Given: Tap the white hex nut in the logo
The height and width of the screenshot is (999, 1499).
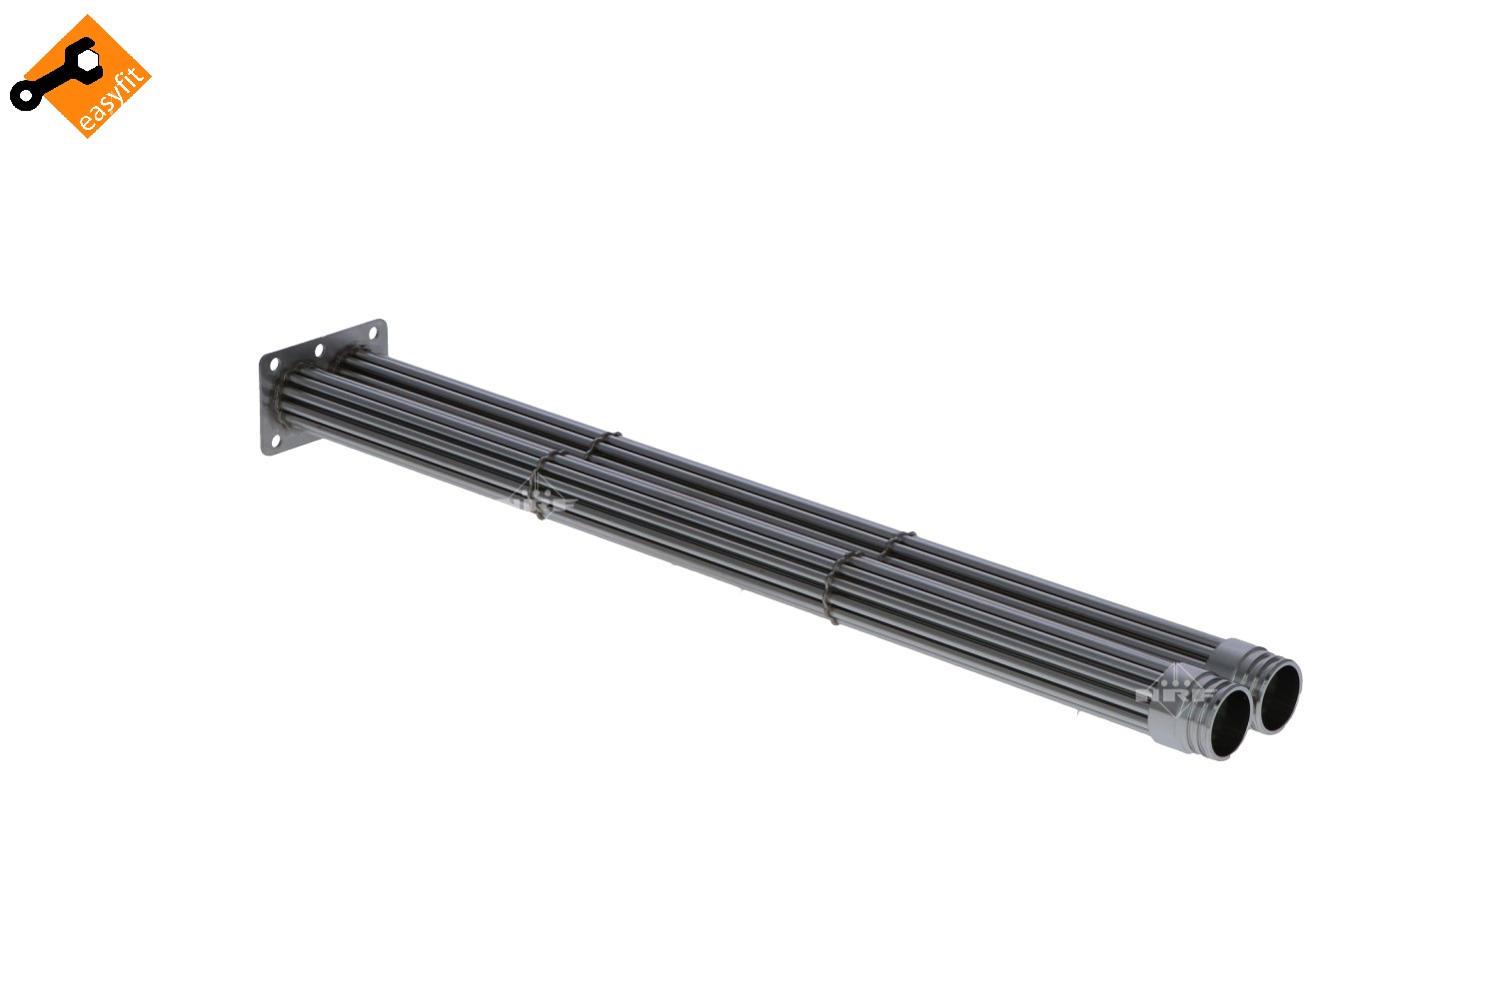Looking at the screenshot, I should click(89, 61).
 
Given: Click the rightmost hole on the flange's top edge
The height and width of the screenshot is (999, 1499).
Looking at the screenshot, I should click(373, 333).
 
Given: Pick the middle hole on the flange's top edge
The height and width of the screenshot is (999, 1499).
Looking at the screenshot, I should click(318, 351).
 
